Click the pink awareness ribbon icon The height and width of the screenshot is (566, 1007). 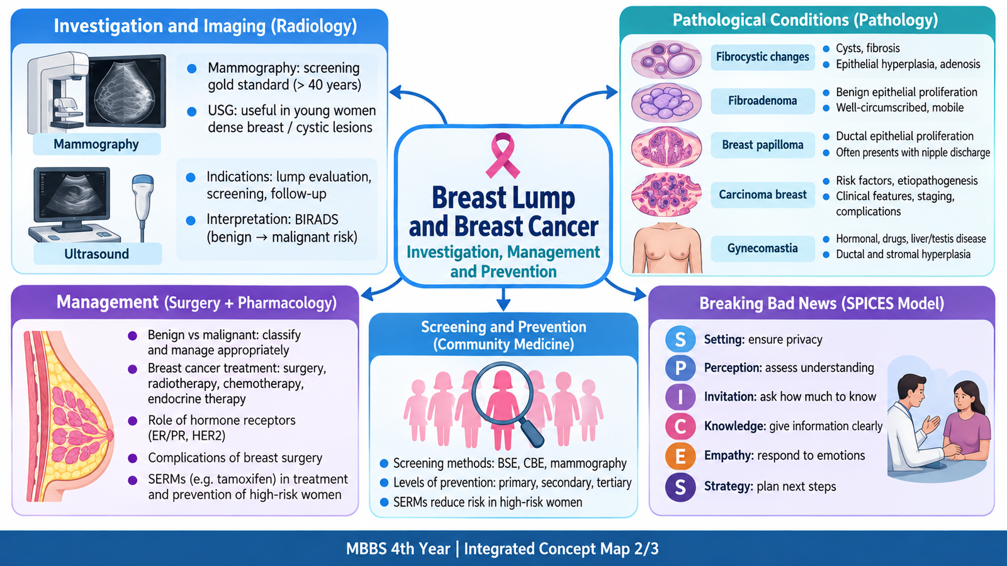point(503,155)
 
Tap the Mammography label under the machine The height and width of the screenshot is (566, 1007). point(96,144)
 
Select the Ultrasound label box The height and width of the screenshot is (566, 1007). point(97,254)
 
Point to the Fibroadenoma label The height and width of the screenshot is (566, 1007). point(762,101)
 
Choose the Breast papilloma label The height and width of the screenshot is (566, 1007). point(762,145)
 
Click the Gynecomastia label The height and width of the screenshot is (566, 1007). point(762,248)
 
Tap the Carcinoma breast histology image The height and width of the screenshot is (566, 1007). point(667,195)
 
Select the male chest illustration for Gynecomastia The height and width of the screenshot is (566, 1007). point(667,248)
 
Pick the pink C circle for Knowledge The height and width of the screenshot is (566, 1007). point(680,426)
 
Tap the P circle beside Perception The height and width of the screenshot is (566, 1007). point(680,368)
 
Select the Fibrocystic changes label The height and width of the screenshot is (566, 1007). point(762,57)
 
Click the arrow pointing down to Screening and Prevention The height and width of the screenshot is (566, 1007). point(503,299)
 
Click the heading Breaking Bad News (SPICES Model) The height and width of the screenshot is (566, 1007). point(821,303)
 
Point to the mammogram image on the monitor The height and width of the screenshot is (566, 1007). point(127,92)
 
